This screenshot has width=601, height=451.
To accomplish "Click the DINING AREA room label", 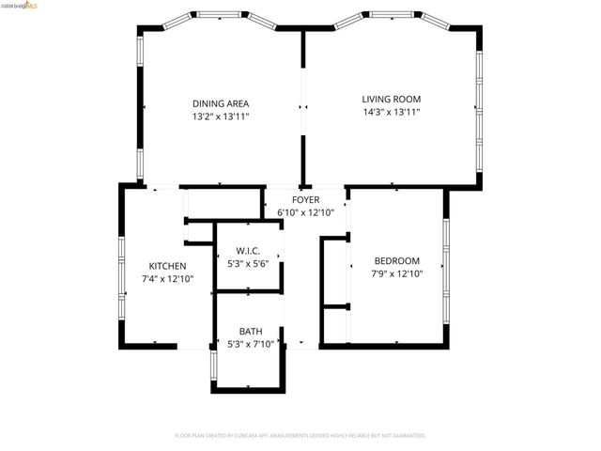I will [221, 103].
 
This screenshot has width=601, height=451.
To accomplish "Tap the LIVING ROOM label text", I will [392, 99].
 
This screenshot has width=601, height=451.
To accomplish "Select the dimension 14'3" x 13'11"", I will [392, 112].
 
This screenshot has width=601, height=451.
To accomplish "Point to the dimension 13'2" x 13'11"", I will [221, 117].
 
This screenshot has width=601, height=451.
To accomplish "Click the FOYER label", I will [305, 200].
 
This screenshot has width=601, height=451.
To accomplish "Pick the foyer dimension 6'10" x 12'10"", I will [305, 213].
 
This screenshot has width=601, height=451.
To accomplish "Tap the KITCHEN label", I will [167, 266].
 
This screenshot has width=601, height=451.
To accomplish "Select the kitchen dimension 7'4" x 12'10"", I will [167, 279].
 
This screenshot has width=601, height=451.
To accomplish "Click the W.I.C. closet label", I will [248, 251].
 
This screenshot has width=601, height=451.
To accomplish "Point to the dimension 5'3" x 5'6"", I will [248, 264].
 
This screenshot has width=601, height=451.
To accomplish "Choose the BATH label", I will [251, 331].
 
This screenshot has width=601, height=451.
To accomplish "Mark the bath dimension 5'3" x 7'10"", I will [251, 345].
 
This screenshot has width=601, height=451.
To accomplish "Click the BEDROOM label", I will [397, 260].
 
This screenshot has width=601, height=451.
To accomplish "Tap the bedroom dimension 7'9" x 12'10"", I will [397, 274].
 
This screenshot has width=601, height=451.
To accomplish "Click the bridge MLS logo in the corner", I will [20, 6].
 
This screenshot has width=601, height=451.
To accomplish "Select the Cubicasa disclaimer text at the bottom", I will [300, 436].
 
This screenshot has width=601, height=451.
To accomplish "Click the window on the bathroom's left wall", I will [213, 367].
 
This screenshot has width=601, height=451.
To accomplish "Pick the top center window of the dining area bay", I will [222, 15].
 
